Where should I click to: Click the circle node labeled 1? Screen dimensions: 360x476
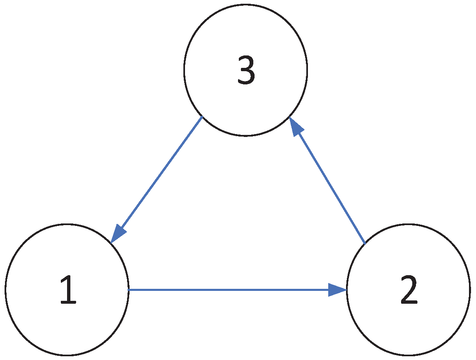tap(67, 289)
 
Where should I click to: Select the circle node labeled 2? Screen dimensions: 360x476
tap(408, 289)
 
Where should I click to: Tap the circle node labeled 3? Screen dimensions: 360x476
tap(245, 70)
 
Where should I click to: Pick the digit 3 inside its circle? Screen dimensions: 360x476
tap(246, 70)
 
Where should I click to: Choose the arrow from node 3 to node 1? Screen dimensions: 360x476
tap(156, 180)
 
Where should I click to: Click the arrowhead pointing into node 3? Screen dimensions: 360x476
tap(296, 127)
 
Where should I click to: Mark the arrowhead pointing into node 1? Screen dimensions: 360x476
tap(118, 234)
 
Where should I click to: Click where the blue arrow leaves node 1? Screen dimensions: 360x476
tap(129, 290)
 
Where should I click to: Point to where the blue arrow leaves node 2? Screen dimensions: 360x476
tap(365, 243)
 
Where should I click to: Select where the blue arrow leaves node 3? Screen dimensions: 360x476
tap(202, 117)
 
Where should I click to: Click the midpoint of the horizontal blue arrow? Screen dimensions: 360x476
tap(237, 290)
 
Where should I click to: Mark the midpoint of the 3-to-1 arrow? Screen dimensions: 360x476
tap(156, 180)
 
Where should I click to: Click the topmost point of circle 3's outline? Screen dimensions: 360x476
tap(245, 5)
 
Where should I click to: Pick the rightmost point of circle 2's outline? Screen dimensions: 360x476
tap(470, 289)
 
